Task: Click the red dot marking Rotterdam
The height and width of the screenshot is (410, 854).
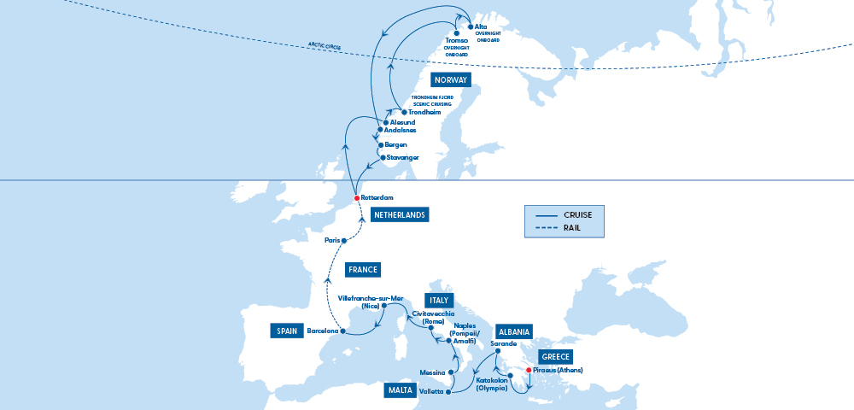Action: [357, 198]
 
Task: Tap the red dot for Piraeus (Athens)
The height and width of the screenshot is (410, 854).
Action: [529, 370]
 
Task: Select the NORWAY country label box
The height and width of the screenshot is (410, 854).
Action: [450, 80]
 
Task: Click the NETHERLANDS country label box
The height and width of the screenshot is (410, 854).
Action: [400, 215]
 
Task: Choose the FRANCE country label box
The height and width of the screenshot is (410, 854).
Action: [362, 270]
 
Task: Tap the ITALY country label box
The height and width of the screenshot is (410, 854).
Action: [439, 301]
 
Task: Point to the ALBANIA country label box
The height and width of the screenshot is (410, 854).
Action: [514, 331]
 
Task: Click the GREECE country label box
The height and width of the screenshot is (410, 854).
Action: [554, 357]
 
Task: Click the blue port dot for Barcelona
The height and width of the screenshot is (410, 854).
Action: [342, 331]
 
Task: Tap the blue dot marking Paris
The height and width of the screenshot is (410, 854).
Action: [344, 241]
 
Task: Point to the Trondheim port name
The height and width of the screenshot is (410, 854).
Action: [425, 113]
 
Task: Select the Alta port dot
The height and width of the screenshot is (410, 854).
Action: [470, 26]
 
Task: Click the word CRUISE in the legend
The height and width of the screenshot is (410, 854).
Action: [583, 214]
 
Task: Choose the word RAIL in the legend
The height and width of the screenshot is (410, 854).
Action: [574, 227]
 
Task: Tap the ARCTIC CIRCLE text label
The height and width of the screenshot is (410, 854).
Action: [329, 45]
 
